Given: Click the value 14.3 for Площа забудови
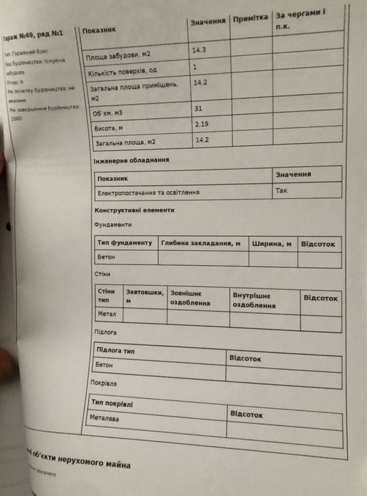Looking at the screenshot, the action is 199,51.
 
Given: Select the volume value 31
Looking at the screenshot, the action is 199,108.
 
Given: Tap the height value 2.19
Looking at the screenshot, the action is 203,125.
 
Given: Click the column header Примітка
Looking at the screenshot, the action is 250,16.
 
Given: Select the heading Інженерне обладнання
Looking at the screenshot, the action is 131,161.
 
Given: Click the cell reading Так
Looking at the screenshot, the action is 282,191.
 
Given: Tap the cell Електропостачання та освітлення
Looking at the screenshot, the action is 148,192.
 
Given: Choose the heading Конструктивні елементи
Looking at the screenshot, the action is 134,210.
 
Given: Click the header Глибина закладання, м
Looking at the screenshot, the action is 201,243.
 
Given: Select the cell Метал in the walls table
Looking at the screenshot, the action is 106,312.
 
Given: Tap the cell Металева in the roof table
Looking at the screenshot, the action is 104,418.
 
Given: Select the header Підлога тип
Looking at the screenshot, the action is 115,350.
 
